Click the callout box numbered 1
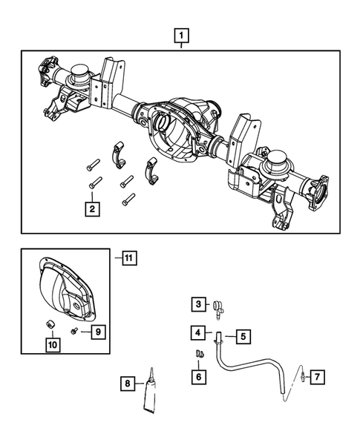(x=181, y=34)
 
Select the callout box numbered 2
(x=91, y=209)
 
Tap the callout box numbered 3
(x=197, y=304)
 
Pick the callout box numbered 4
(x=197, y=333)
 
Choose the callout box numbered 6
(x=197, y=377)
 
